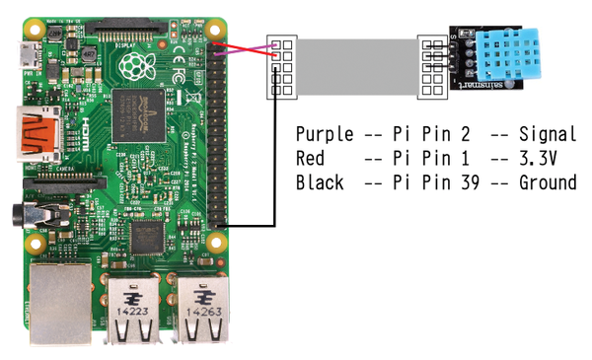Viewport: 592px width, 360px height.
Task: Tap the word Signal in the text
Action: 548,134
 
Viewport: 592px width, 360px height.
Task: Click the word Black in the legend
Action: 320,182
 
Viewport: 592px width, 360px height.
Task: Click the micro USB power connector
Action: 33,53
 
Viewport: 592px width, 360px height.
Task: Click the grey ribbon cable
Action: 355,66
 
